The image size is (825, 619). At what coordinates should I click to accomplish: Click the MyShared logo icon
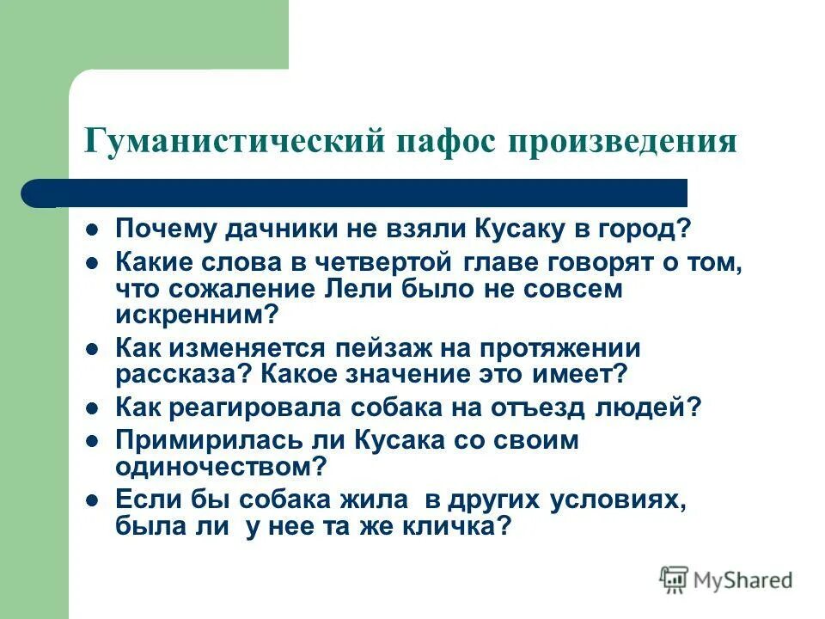coord(674,579)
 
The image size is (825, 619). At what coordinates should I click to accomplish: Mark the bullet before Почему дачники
coord(94,230)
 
